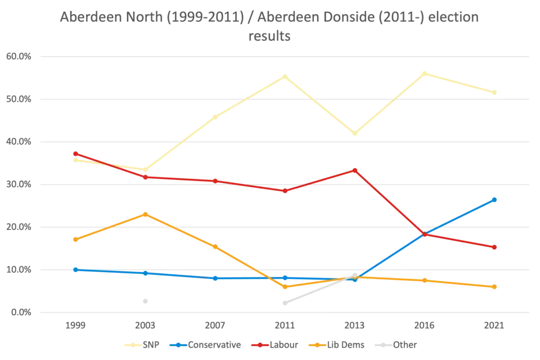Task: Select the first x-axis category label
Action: pos(74,326)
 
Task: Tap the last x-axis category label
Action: pos(496,326)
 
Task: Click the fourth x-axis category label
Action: pos(285,326)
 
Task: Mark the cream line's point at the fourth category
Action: pos(285,75)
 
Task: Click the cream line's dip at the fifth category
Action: pos(355,134)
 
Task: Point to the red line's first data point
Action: pos(75,152)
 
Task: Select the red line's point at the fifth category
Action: pos(355,169)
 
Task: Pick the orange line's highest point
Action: pos(145,214)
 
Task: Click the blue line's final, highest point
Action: pos(496,198)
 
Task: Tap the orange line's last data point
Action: pos(496,287)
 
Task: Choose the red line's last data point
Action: pos(496,247)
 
